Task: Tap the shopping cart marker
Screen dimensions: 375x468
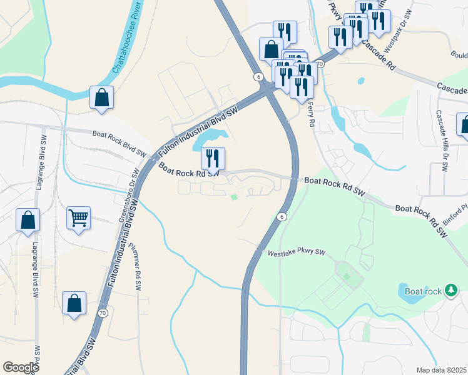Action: pos(78,219)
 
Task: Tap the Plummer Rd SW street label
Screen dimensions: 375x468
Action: pos(137,262)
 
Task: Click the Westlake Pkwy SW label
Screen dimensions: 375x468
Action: pos(297,253)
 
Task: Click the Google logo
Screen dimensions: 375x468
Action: pos(21,367)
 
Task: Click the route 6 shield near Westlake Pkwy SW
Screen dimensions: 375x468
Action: pos(282,217)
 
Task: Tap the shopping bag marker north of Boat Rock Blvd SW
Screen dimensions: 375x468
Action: pos(101,97)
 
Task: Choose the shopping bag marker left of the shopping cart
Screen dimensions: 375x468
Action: pos(28,220)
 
